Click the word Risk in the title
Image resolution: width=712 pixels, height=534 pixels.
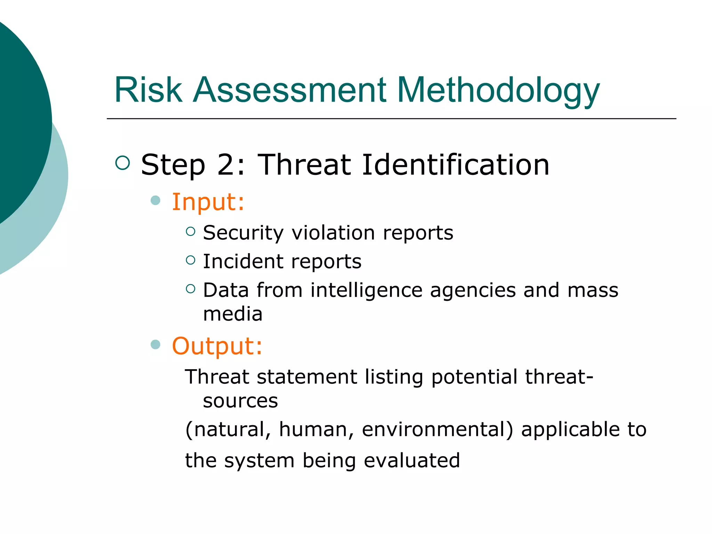click(148, 90)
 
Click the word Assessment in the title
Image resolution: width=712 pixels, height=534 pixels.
click(289, 90)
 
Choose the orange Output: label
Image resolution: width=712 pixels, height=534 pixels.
click(217, 346)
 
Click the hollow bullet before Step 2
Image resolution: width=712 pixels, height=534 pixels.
click(122, 163)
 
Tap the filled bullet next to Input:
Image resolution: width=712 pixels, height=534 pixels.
click(155, 200)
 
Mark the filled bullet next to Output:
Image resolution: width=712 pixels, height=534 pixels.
click(155, 345)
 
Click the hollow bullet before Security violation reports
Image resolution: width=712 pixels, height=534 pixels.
click(191, 231)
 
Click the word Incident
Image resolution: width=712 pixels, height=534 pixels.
click(243, 261)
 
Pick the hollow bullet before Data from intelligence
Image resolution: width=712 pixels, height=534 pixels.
click(191, 289)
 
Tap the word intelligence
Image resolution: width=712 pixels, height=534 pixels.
click(366, 290)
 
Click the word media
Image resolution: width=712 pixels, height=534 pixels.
click(233, 314)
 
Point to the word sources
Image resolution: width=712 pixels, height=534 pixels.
click(240, 401)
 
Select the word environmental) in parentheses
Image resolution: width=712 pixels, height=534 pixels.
click(437, 429)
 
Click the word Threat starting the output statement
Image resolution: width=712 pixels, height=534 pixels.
click(217, 377)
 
